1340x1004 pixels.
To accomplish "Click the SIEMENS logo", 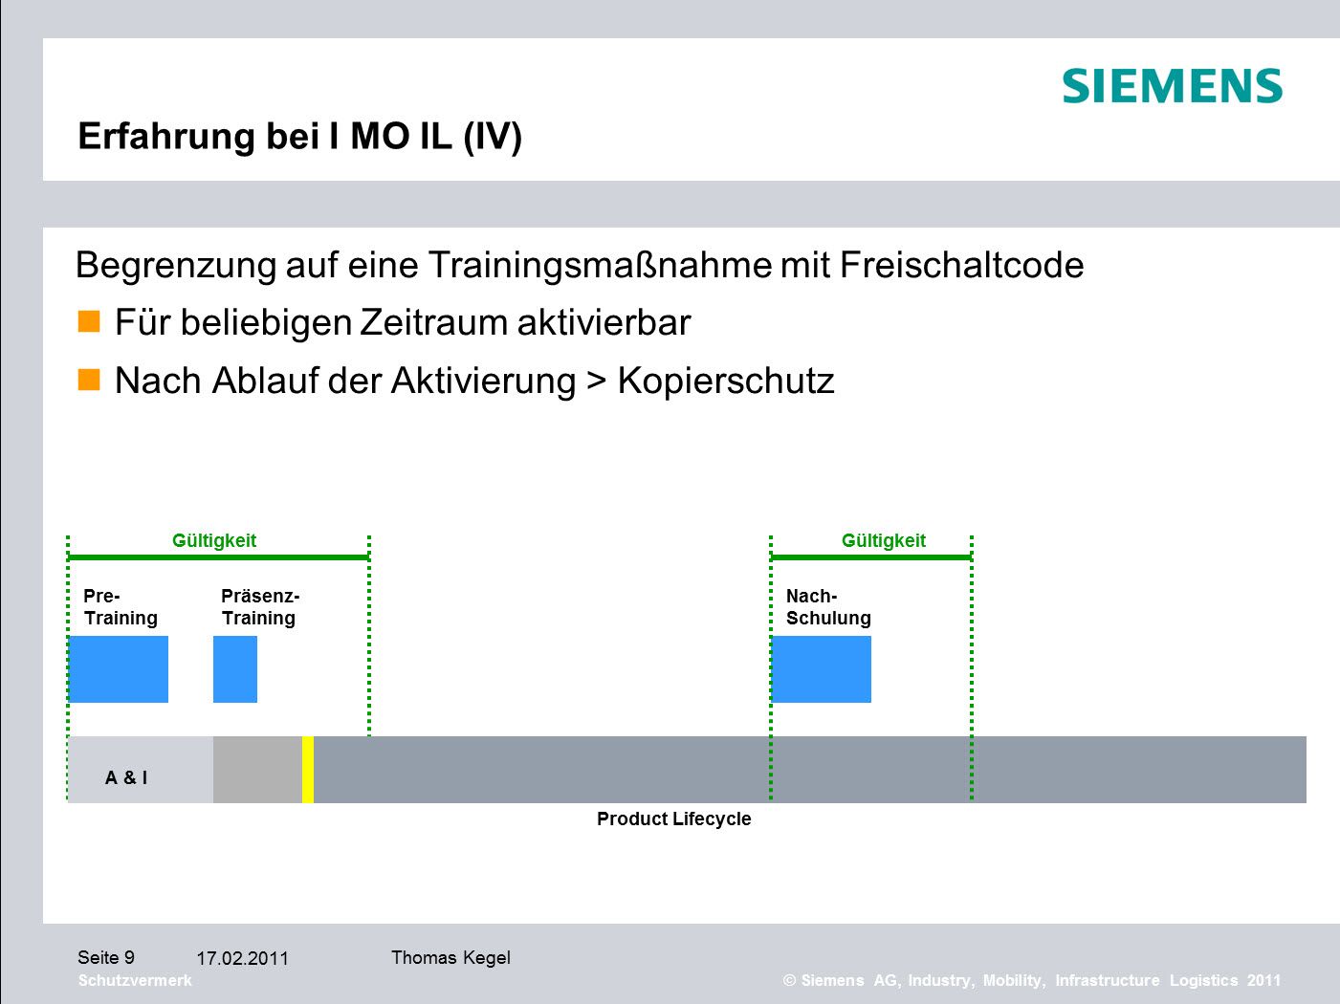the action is (x=1172, y=85).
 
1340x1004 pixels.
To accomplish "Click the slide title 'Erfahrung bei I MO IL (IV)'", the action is (x=299, y=137).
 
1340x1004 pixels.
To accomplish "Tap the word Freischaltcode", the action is (x=961, y=266).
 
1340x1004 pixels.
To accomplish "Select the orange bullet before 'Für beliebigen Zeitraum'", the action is (x=89, y=321).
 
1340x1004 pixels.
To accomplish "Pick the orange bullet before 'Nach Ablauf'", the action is (x=89, y=379).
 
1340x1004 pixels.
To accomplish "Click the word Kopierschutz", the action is (x=726, y=382).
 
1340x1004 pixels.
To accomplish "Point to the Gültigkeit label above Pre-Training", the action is (x=213, y=541).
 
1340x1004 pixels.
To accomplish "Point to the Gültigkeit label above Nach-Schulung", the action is (x=884, y=541).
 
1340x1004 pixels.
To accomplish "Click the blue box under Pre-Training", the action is (x=119, y=669).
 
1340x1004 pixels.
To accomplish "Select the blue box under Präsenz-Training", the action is (x=235, y=669).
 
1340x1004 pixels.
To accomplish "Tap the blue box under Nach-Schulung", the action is (x=821, y=669).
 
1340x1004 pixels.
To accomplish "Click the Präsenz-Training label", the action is (x=260, y=607).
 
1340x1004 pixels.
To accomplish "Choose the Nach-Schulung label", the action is (x=828, y=607).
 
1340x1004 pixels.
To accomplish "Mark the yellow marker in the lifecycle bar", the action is (x=308, y=770).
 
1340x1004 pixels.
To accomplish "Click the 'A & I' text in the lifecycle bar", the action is (x=126, y=777).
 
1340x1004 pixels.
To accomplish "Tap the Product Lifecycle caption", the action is (x=674, y=819).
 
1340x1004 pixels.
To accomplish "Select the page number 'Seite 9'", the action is (x=106, y=957).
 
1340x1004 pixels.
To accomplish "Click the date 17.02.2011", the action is (x=242, y=958).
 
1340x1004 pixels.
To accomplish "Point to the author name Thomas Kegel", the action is (x=450, y=957).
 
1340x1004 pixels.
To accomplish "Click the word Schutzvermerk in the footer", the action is (x=135, y=980).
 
